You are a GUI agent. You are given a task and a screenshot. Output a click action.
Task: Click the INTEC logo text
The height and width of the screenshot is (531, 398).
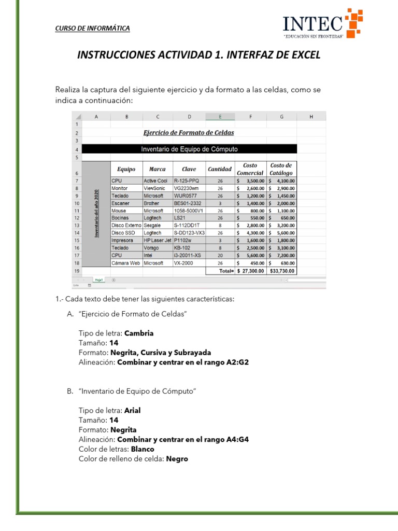312,24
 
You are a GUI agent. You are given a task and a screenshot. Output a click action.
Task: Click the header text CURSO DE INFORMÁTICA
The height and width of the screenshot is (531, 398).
92,28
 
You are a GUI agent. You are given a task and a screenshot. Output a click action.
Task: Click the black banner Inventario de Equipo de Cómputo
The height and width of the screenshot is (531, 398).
189,149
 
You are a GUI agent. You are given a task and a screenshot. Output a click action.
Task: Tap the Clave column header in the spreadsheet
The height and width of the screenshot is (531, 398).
189,169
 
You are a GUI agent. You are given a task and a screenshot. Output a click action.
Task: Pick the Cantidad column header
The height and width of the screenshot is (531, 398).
220,169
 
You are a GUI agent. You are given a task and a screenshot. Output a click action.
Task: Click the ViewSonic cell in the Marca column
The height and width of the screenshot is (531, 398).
155,188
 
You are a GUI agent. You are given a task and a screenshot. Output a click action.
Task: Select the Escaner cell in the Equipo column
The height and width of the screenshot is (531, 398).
120,203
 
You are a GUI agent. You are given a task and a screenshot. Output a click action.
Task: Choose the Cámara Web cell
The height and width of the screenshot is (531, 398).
125,263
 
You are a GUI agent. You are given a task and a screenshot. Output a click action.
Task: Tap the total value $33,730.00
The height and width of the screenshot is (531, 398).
282,271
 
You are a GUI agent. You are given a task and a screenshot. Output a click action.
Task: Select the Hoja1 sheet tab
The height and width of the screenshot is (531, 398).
99,280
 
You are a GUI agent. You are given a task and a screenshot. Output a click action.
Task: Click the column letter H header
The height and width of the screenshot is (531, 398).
311,117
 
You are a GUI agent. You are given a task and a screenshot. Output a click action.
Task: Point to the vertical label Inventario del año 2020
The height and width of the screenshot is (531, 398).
96,214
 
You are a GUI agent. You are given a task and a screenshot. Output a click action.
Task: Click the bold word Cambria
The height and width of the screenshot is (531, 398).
139,333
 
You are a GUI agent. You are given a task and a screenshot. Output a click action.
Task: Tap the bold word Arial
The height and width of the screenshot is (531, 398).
132,410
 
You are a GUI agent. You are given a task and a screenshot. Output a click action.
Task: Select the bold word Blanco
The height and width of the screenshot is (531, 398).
143,449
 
